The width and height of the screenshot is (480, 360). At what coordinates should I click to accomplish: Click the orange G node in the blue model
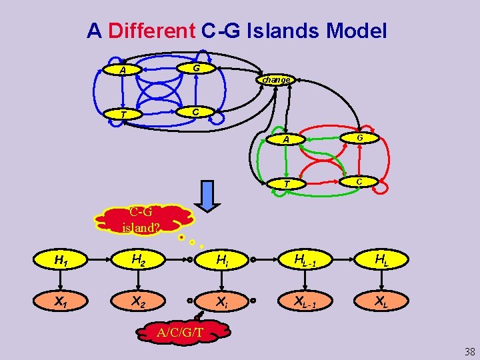point(195,69)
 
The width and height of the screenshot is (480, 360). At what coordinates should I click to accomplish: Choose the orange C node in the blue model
point(193,112)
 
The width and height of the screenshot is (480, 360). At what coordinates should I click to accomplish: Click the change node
point(276,80)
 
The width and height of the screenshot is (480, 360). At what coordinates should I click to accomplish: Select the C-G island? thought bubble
point(143,219)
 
